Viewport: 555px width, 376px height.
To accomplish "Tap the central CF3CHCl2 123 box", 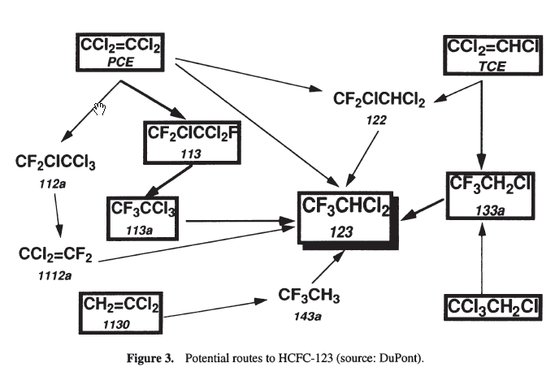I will point(345,218).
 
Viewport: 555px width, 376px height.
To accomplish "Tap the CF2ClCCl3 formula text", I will point(55,164).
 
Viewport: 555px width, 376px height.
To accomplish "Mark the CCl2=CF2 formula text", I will point(56,256).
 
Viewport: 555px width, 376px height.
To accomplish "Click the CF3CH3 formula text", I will point(309,294).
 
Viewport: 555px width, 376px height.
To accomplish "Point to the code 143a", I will point(309,313).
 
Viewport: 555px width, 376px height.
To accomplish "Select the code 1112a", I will point(55,276).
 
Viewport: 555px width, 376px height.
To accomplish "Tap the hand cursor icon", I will point(100,109).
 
